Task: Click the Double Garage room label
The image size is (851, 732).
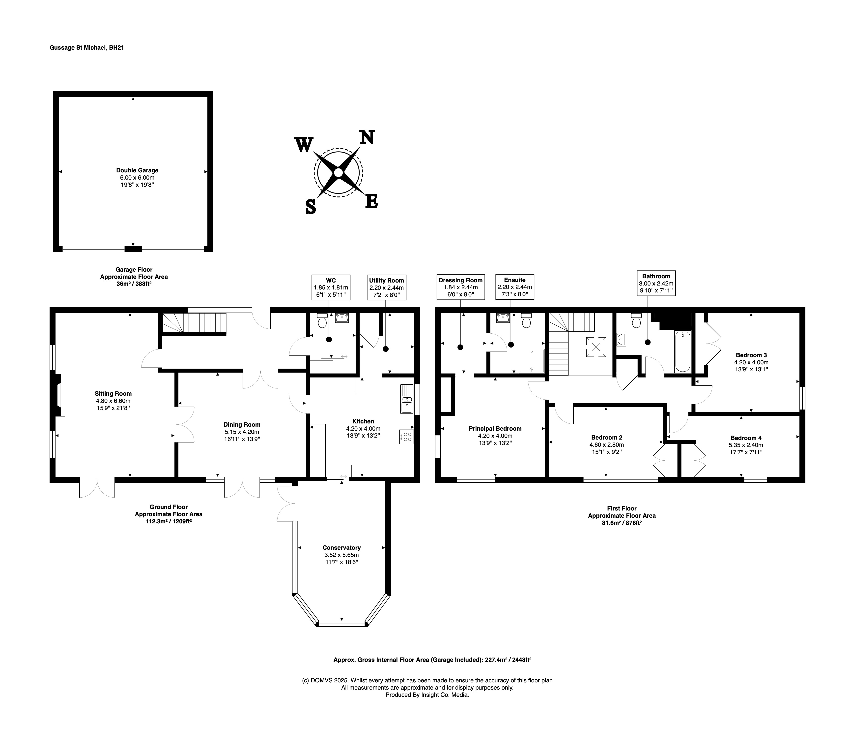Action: (137, 170)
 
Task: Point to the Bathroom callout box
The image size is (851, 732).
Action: (656, 283)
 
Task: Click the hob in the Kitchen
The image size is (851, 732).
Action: (406, 437)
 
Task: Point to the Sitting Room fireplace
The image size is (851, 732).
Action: (59, 395)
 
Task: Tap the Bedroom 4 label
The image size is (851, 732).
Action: (746, 438)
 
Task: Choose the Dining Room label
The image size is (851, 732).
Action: (242, 425)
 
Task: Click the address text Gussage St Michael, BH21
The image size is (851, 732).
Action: (87, 48)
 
